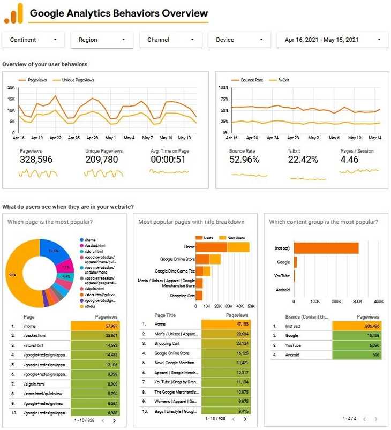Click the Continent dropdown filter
(33, 40)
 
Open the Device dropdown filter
(239, 40)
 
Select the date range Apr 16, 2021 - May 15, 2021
(332, 40)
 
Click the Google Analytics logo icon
(14, 13)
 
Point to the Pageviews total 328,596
(36, 160)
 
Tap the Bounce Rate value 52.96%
(244, 160)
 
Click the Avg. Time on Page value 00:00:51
(168, 160)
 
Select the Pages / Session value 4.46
(349, 160)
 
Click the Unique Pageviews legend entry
(78, 80)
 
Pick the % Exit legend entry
(283, 80)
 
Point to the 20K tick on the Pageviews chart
(11, 87)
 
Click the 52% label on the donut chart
(12, 275)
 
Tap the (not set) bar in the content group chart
(326, 248)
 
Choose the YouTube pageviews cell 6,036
(356, 345)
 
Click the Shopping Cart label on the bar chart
(182, 296)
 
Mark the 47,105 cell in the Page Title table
(225, 324)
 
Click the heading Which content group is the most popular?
(324, 222)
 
